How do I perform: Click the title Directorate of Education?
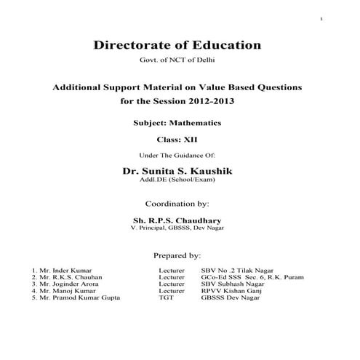click(177, 45)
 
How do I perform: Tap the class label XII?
click(191, 139)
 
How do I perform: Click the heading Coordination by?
click(177, 204)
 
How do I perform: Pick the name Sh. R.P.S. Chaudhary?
click(177, 220)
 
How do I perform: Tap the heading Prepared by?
click(177, 256)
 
